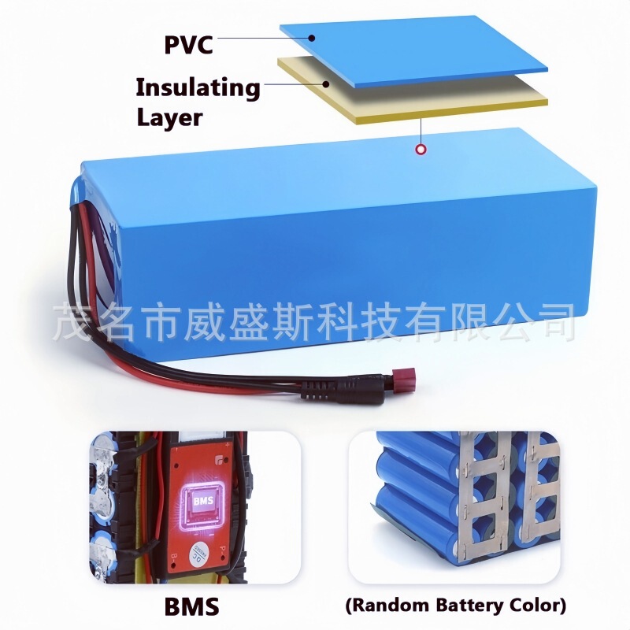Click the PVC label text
188,44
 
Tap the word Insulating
198,87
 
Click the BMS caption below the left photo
193,606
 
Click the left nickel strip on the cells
472,504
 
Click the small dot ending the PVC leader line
313,37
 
